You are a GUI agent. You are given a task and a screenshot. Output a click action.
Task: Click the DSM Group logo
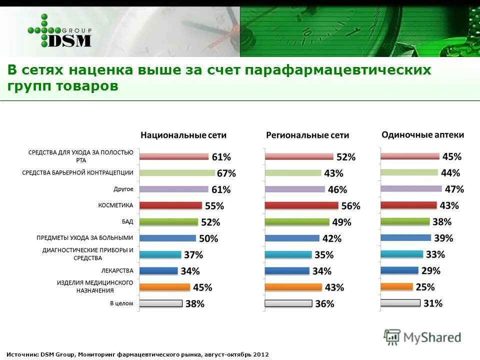(x=60, y=31)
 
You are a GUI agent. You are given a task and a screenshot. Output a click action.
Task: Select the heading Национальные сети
(x=183, y=135)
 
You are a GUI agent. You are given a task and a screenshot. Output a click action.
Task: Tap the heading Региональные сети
(x=307, y=135)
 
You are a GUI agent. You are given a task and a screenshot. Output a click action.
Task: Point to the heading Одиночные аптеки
(x=422, y=134)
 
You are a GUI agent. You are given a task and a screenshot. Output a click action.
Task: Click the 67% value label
(x=226, y=173)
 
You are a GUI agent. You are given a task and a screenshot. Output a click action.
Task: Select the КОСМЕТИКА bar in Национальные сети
(x=171, y=205)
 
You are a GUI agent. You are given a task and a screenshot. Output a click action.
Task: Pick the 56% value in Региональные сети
(x=350, y=206)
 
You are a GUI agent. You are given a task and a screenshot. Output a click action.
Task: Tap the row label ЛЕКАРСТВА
(x=117, y=270)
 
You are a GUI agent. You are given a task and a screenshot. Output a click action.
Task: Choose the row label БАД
(x=127, y=221)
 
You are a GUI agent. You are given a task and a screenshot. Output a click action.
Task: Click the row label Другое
(x=123, y=189)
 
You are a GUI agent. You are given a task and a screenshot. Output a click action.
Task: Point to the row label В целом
(x=121, y=303)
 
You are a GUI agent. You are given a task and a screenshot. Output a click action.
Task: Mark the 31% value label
(x=432, y=303)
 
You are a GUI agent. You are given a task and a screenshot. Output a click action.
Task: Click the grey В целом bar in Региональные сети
(x=288, y=303)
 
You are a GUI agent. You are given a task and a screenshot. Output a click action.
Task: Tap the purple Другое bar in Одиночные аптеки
(x=411, y=189)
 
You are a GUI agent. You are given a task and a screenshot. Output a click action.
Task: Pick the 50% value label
(x=208, y=238)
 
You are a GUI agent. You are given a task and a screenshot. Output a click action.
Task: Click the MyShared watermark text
(x=432, y=337)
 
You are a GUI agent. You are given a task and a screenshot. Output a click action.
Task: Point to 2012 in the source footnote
(x=260, y=354)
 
